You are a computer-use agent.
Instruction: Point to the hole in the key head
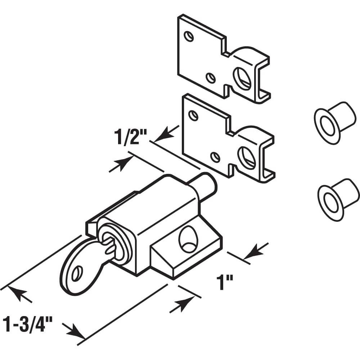coord(76,275)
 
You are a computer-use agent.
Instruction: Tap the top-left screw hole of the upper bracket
coord(188,36)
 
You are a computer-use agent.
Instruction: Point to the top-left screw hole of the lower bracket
coord(193,116)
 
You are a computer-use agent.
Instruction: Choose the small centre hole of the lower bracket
coord(215,157)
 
